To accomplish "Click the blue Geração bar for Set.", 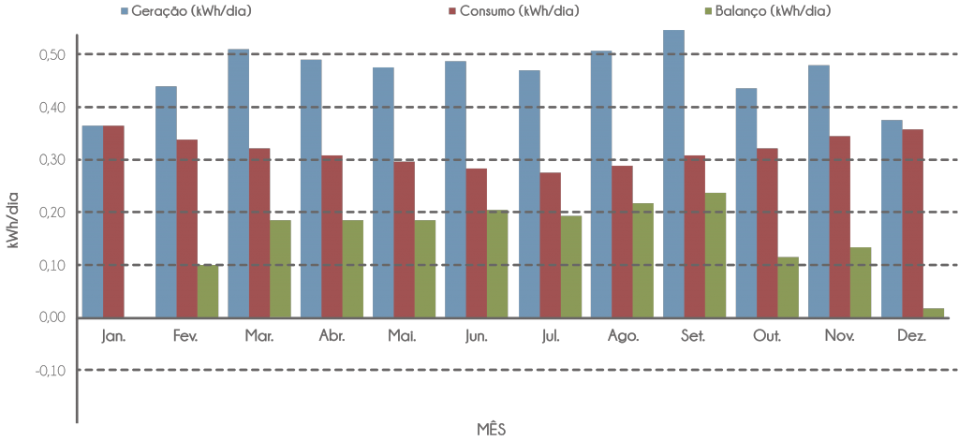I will coord(672,173).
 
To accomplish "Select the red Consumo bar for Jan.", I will coord(113,221).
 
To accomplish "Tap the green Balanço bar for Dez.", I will coord(934,313).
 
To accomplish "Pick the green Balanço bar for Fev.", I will coord(207,291).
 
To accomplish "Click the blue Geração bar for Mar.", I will coord(238,183).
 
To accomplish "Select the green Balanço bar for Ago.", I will coord(643,260).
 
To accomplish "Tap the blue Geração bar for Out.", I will coord(746,202).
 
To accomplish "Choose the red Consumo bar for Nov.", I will coord(840,227).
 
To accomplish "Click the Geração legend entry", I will coord(186,11).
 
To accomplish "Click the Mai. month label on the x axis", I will coord(404,335).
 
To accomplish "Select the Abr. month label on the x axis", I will coord(332,335).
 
